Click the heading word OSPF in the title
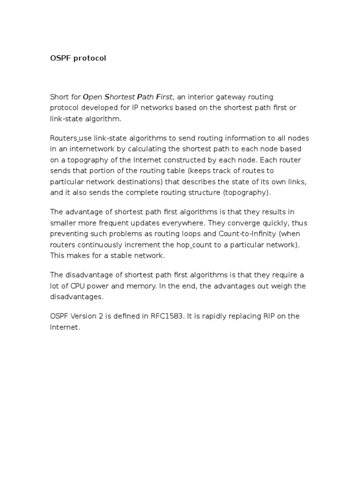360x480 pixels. pos(60,58)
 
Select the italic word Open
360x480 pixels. pos(93,97)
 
